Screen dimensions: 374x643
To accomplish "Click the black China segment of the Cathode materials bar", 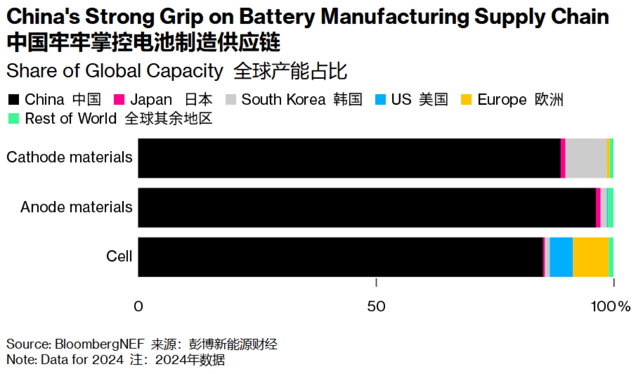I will coord(349,158).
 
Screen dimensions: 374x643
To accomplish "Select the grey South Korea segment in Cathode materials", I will coord(586,158).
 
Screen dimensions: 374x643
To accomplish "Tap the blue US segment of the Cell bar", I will coord(561,257).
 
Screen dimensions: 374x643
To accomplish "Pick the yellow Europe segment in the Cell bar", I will coord(591,257).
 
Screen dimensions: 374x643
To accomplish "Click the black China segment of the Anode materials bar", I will coord(367,208).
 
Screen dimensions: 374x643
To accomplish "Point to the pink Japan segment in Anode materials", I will coord(598,208).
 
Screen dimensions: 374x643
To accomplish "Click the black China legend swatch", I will coord(14,100).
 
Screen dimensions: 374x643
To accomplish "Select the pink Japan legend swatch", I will coord(119,100).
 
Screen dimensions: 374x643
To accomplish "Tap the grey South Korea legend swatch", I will coord(231,100).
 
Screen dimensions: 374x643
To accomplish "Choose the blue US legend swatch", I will coord(380,100).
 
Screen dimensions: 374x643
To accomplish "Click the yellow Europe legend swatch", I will coord(466,100).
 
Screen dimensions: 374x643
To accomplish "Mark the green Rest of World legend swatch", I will coord(14,118).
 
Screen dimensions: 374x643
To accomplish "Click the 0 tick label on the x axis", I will coord(138,306).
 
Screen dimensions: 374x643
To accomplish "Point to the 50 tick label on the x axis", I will coord(376,306).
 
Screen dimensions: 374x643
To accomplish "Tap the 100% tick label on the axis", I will coord(610,306).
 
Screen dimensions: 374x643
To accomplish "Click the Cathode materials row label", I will coord(69,158).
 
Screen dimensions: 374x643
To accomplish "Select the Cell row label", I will coord(119,257).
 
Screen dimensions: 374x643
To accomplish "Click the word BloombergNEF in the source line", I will coord(100,344).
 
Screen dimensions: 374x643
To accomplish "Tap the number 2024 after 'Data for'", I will coord(108,360).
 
